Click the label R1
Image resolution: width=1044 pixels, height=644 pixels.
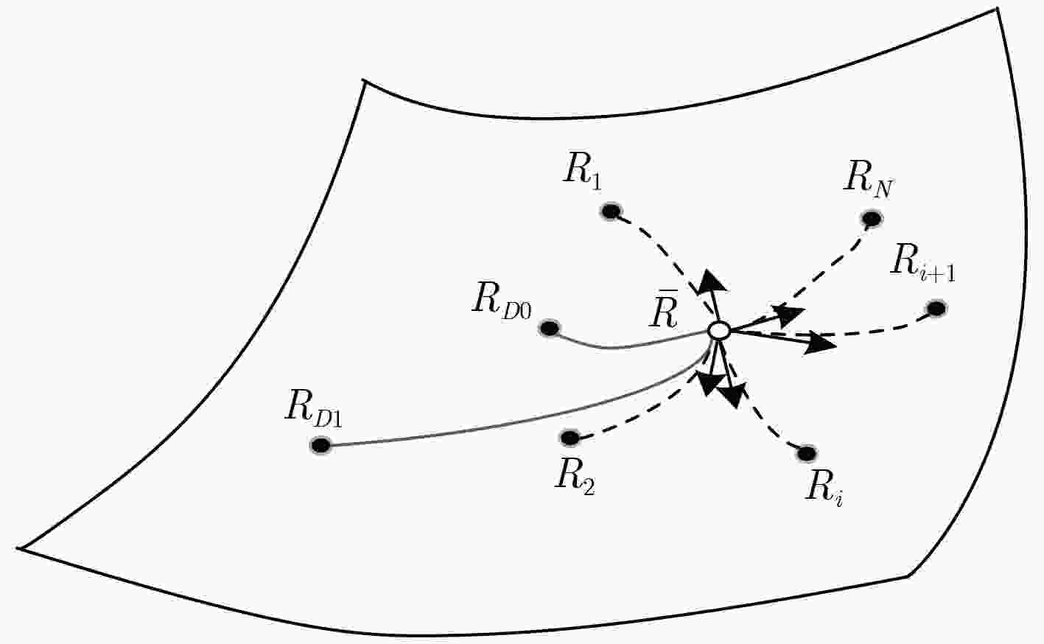point(582,173)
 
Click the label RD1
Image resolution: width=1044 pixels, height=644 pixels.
point(313,409)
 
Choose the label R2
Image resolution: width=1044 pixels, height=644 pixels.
point(574,480)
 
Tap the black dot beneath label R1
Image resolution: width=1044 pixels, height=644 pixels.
point(611,211)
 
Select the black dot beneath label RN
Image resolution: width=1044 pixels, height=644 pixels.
point(872,218)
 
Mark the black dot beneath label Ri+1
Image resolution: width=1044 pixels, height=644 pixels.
point(936,309)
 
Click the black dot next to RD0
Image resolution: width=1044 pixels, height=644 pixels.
point(550,328)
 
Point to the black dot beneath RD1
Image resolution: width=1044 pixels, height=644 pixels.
point(320,445)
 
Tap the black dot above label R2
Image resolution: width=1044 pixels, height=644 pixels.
point(570,438)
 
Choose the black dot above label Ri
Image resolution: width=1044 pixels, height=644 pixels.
point(807,453)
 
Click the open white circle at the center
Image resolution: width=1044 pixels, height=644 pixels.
point(718,330)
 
